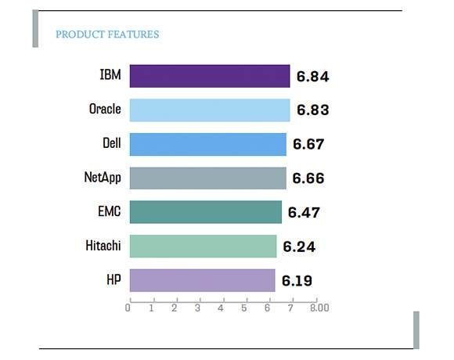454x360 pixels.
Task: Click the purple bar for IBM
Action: (210, 76)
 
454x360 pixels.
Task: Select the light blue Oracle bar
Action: (210, 110)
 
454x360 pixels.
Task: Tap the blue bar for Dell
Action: (208, 144)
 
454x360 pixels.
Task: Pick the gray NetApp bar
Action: (208, 178)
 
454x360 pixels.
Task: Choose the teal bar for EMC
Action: (206, 212)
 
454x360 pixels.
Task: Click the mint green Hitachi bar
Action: (203, 246)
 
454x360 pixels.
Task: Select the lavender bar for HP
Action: (203, 280)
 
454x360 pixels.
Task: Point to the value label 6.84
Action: (312, 77)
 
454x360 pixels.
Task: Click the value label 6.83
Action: (312, 110)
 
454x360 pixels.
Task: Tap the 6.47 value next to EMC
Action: (304, 212)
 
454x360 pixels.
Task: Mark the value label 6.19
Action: (297, 281)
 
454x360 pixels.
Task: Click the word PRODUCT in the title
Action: (80, 34)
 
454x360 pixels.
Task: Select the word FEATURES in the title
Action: (134, 34)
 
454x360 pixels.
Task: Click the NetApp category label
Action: (103, 177)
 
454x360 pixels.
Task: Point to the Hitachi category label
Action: (103, 246)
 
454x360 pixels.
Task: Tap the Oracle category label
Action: (105, 109)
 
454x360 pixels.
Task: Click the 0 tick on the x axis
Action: (128, 308)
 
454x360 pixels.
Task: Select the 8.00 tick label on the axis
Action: (319, 308)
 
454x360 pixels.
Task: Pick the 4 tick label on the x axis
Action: (221, 308)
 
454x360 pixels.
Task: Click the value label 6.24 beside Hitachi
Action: (299, 247)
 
